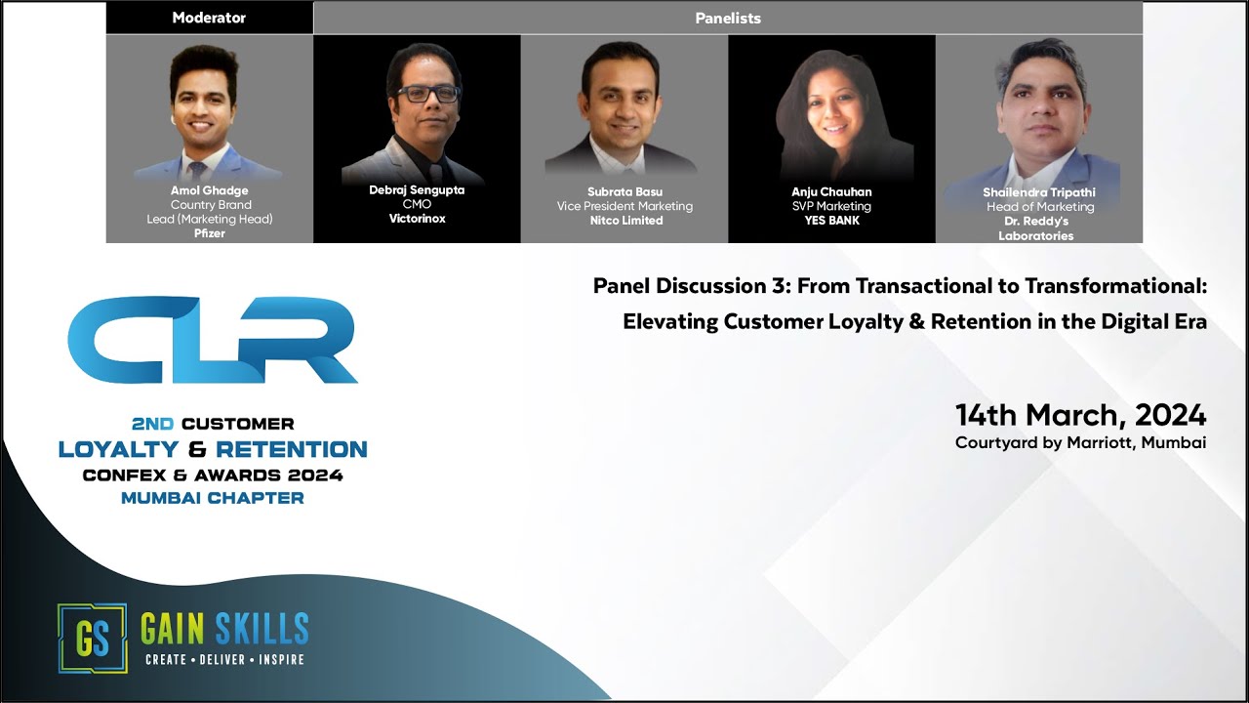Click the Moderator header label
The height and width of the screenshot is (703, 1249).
[x=209, y=18]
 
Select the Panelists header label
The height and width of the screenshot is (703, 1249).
[x=728, y=18]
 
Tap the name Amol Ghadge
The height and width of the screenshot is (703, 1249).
[x=210, y=190]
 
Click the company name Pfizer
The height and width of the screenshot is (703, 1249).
[x=210, y=233]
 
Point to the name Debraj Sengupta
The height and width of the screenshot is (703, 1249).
[x=417, y=190]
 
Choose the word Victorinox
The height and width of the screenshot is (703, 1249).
[x=417, y=219]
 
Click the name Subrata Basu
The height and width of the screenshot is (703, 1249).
[x=624, y=191]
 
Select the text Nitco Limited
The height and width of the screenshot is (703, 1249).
[x=624, y=221]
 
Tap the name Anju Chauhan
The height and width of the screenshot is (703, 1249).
[x=831, y=192]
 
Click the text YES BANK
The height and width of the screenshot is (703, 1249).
[x=831, y=221]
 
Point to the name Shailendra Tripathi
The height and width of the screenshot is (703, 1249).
[x=1038, y=192]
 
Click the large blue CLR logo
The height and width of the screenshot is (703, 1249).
[x=213, y=340]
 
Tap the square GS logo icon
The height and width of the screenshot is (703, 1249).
[x=92, y=638]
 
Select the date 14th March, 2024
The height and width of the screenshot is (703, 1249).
[x=1080, y=415]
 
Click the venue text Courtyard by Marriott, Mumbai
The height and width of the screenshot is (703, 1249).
[x=1080, y=442]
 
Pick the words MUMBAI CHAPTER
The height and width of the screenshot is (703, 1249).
[x=213, y=498]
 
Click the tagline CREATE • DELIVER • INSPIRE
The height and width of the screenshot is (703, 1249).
[x=224, y=660]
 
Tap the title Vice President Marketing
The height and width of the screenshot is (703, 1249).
[x=624, y=206]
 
